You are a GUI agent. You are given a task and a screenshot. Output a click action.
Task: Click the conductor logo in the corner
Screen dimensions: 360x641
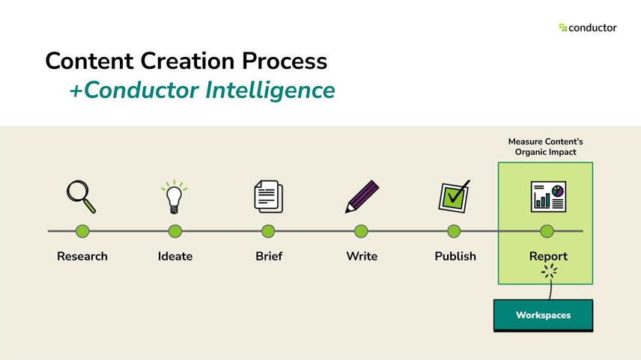click(x=588, y=28)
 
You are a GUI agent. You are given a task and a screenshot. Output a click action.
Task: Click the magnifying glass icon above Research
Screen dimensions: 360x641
click(x=81, y=196)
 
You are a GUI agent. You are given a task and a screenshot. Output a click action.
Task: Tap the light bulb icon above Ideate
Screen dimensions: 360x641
click(x=174, y=197)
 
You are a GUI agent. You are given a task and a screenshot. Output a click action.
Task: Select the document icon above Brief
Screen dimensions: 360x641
click(x=267, y=197)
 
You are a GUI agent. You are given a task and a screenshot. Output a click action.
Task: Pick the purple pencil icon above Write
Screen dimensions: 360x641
click(x=362, y=197)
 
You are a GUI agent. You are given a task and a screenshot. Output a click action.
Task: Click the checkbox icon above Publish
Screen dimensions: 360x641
click(x=454, y=196)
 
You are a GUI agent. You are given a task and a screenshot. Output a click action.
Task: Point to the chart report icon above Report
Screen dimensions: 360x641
click(x=547, y=197)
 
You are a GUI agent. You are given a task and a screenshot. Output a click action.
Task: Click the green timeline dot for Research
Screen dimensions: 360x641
click(x=82, y=231)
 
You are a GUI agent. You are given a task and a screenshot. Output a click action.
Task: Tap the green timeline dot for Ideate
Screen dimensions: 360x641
click(x=174, y=231)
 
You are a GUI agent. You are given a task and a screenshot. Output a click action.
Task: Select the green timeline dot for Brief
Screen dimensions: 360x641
click(x=268, y=231)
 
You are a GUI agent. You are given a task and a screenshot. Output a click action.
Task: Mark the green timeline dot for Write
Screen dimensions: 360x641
click(x=361, y=231)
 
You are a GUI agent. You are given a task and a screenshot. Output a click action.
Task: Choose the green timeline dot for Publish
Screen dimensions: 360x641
click(x=454, y=231)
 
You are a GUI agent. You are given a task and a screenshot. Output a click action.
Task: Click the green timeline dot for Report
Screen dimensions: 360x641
click(x=547, y=231)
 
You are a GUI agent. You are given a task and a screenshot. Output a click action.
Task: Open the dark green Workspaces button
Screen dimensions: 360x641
click(x=543, y=315)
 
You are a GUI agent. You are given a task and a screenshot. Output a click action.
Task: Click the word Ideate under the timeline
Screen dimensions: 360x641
click(x=175, y=256)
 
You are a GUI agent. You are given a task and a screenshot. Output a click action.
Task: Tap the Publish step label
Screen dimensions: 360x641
click(x=455, y=256)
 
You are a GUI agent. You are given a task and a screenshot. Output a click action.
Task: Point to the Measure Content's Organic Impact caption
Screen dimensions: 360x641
click(x=545, y=147)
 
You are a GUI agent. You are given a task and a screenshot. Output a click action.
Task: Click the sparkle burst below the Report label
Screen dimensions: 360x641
click(x=550, y=272)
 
